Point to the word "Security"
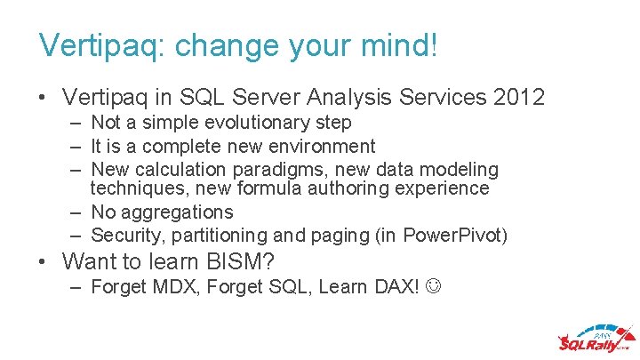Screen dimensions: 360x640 pos(124,236)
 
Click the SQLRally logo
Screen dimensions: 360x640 pos(593,339)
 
